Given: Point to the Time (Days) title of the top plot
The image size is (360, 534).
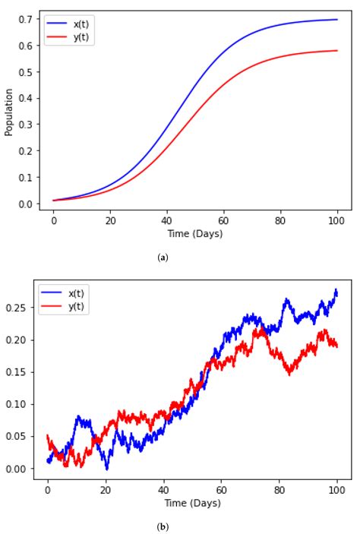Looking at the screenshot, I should (x=195, y=233).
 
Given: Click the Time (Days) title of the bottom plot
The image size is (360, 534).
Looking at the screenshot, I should (x=192, y=502).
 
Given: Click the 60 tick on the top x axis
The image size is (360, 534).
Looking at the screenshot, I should (x=223, y=220).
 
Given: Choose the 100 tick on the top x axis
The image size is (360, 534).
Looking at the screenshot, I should (x=337, y=220).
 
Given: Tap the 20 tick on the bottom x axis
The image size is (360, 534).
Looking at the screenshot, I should (x=106, y=489).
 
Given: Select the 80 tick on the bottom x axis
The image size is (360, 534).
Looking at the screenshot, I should (x=279, y=489).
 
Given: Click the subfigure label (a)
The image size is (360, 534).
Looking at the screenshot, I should (x=163, y=258).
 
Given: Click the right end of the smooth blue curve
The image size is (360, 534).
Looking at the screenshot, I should (x=337, y=20).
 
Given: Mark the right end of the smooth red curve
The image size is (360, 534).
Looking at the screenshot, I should (x=337, y=51).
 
